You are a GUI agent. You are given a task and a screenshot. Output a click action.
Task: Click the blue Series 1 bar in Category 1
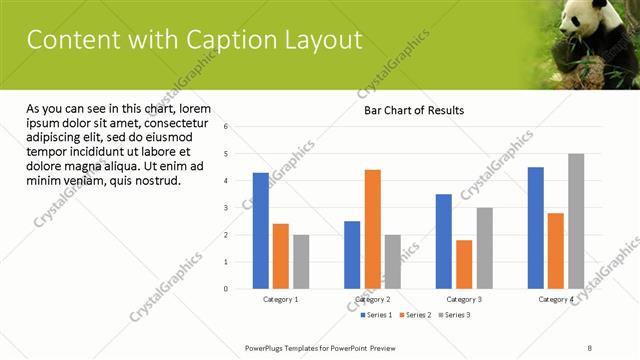[261, 230]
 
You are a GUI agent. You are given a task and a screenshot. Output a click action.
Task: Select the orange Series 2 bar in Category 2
[373, 229]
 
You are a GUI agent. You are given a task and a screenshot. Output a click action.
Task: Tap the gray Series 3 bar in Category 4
[576, 221]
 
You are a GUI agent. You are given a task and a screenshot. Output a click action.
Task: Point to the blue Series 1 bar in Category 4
[536, 228]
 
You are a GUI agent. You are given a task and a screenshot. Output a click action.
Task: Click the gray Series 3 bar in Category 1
[301, 262]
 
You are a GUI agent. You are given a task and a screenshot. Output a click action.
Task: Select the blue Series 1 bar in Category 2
[353, 255]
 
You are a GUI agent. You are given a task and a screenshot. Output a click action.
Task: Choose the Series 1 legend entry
[376, 315]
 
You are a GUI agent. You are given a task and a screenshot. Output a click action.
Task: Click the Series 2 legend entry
[414, 315]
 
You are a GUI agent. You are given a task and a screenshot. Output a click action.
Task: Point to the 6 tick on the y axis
[227, 127]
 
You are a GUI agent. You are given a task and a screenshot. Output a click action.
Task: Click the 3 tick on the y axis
[227, 208]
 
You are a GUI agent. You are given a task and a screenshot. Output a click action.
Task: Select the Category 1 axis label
[281, 299]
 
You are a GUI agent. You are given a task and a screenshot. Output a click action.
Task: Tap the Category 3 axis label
[464, 299]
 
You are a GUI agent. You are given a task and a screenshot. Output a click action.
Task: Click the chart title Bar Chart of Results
[413, 110]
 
